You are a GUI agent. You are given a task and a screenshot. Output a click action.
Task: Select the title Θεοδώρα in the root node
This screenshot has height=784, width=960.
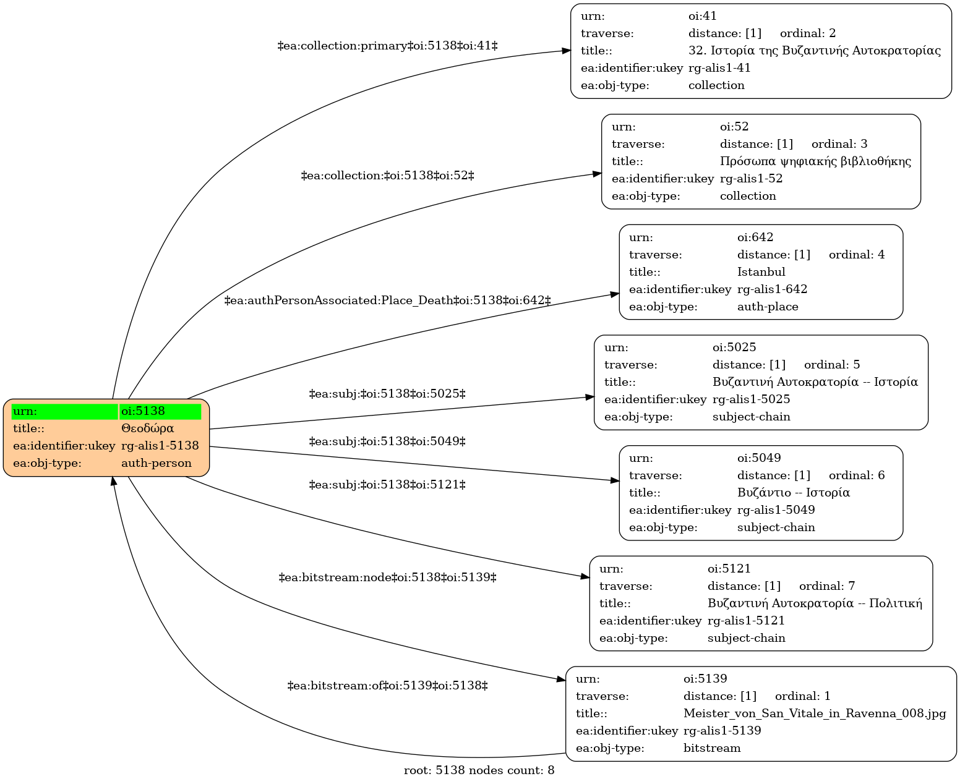coord(147,428)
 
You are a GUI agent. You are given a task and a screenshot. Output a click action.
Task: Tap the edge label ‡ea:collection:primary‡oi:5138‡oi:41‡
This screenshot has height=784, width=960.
coord(387,46)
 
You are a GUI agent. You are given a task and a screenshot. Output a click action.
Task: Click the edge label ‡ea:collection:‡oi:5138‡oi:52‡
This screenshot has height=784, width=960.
coord(387,176)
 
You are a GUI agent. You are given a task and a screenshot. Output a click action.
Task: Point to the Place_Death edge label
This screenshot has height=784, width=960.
coord(387,300)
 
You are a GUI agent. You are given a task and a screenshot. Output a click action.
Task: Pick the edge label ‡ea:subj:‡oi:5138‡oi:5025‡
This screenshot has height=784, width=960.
coord(387,394)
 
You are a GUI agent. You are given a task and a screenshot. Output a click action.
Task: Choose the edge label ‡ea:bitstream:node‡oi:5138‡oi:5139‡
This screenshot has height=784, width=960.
coord(387,578)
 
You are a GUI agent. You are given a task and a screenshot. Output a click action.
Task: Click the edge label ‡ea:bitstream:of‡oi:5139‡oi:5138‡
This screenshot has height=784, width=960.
coord(387,686)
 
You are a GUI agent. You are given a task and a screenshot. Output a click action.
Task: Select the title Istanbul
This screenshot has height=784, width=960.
coord(761,272)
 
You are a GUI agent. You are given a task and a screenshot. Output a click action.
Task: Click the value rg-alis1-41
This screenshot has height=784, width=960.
coord(719,68)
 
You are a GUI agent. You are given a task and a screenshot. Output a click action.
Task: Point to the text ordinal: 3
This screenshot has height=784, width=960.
coord(839,144)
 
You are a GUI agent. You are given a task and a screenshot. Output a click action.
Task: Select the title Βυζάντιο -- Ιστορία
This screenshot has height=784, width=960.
coord(794,493)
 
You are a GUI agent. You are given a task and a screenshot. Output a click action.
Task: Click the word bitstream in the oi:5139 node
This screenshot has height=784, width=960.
coord(712,749)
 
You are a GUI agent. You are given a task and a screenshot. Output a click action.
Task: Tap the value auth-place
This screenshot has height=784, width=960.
coord(768,307)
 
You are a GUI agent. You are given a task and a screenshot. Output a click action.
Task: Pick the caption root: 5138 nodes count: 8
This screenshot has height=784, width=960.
coord(479,771)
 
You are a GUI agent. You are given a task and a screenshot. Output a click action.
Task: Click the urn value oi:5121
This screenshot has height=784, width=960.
coord(729,569)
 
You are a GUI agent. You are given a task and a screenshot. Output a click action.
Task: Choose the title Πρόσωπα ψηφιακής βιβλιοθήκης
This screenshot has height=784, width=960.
coord(815,161)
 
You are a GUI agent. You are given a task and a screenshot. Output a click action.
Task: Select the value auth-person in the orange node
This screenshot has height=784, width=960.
coord(156,463)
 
